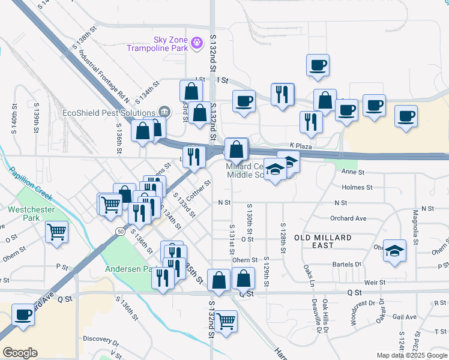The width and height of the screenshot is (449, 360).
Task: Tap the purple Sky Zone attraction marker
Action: (x=197, y=43)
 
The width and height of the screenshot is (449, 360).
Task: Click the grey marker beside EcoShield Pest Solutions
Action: (x=163, y=112)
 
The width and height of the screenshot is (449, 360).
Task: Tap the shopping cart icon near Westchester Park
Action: (x=56, y=230)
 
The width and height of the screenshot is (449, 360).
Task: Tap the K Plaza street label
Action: (x=301, y=146)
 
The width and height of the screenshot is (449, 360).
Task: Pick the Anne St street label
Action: (x=353, y=172)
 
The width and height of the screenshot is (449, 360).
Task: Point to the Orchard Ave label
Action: (x=348, y=218)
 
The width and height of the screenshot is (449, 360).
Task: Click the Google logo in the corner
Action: (x=20, y=353)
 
